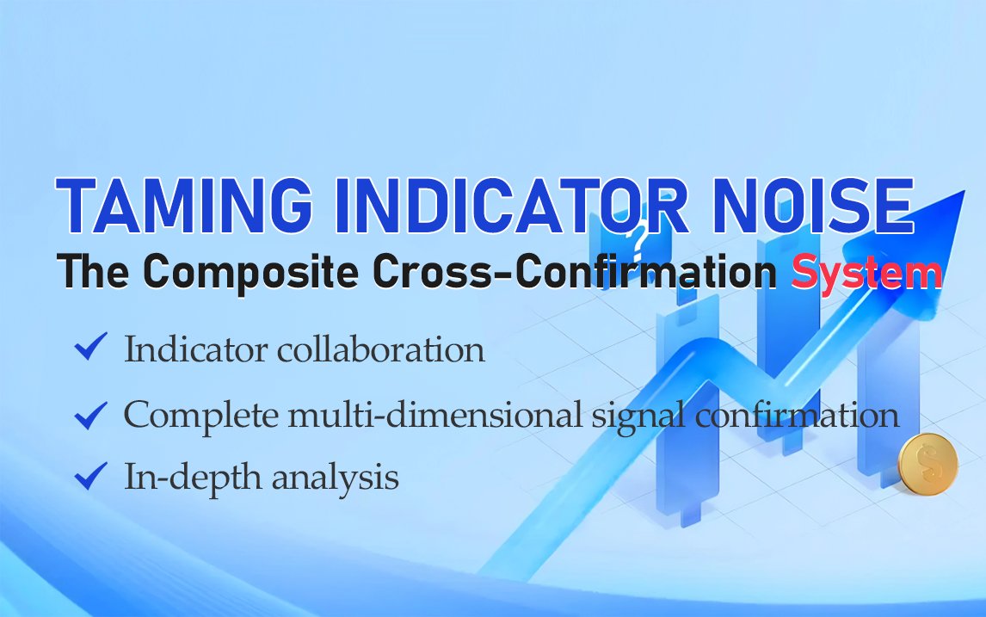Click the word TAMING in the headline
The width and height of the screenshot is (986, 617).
184,206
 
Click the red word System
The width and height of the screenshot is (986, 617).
866,272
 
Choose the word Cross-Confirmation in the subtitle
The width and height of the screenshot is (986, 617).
575,271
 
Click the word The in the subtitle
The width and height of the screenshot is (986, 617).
93,271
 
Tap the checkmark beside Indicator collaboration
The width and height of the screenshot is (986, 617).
91,347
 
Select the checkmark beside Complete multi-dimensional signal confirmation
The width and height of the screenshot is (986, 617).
91,415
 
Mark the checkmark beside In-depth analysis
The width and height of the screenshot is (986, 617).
91,476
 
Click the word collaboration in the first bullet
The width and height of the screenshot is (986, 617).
381,349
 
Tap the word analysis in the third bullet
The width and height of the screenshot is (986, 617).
336,478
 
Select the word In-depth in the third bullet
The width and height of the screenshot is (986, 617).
193,478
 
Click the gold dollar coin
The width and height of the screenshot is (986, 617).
927,464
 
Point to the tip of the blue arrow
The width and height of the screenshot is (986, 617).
964,191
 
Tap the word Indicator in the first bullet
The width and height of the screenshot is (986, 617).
196,349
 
